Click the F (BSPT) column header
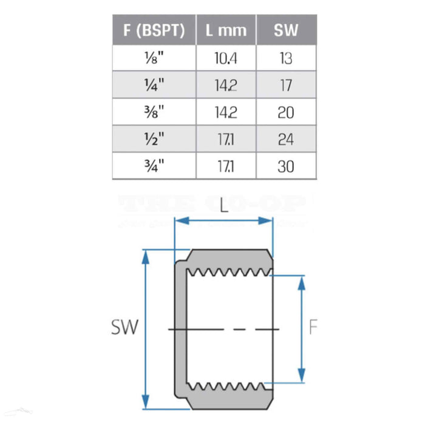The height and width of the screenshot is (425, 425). click(154, 31)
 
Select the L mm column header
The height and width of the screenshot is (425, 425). click(225, 31)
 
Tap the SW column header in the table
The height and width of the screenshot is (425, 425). click(286, 31)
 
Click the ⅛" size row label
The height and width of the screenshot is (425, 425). click(154, 58)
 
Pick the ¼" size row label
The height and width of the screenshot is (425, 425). click(154, 85)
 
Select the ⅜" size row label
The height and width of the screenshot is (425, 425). click(154, 112)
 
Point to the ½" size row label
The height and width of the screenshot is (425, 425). click(154, 139)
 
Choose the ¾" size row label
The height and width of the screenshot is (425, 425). click(154, 166)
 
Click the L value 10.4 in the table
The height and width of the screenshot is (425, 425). click(225, 58)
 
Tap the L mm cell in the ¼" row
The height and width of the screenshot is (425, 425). click(225, 85)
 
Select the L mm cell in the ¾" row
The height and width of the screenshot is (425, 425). click(225, 166)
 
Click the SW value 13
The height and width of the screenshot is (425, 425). click(286, 58)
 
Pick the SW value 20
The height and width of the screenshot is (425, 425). click(286, 112)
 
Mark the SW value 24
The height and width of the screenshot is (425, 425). click(286, 139)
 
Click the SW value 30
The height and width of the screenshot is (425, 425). click(286, 166)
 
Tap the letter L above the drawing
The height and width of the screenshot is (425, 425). click(224, 206)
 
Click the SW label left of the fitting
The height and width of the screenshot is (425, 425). click(124, 328)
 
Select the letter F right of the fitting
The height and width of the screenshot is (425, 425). click(313, 328)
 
